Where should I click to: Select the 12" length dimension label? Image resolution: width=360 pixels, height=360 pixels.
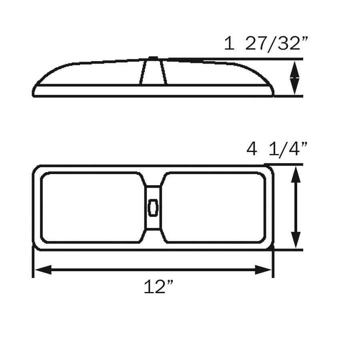click(159, 287)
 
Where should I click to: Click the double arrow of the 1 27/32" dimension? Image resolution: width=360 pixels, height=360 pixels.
click(295, 78)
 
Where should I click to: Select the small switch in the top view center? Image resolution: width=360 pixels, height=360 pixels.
click(153, 208)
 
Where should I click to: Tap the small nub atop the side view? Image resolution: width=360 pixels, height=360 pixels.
click(153, 58)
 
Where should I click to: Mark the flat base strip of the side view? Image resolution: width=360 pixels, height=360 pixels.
click(153, 90)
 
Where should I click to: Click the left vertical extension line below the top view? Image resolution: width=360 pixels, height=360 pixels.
click(32, 264)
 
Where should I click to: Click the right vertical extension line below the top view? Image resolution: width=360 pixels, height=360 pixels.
click(273, 264)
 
